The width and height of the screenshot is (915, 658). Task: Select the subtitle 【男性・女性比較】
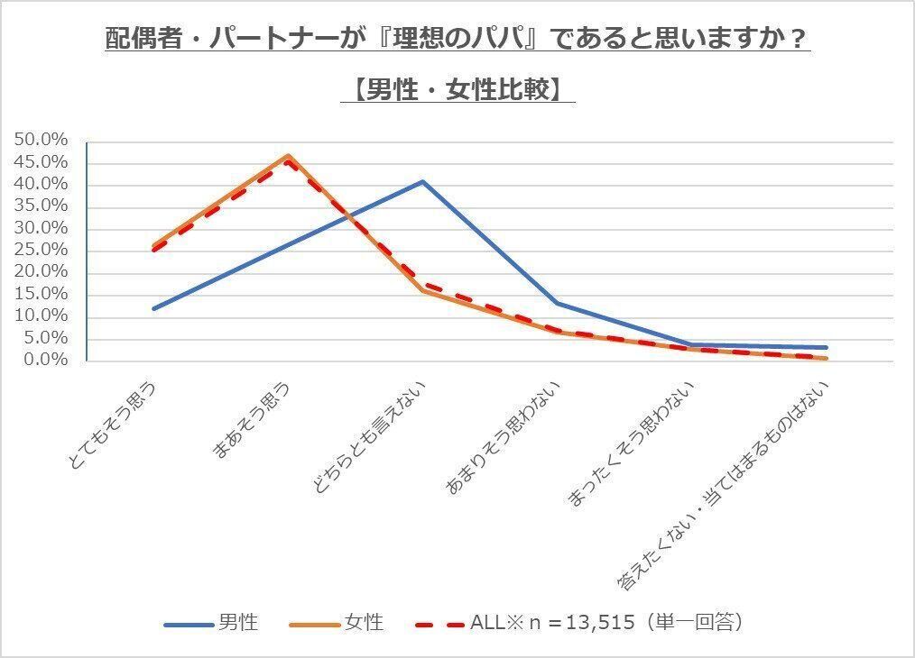(x=457, y=90)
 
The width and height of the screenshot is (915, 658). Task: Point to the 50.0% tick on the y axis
(x=42, y=141)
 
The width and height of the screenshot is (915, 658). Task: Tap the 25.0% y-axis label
(x=42, y=228)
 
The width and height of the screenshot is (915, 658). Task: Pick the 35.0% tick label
(x=42, y=206)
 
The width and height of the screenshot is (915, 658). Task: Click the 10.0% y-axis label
(x=42, y=316)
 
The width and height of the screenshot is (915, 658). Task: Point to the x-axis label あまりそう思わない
(x=504, y=438)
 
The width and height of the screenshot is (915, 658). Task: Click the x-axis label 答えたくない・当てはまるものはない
(x=723, y=486)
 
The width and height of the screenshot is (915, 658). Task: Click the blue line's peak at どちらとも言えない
(x=422, y=181)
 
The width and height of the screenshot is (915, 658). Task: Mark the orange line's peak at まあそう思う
(x=288, y=156)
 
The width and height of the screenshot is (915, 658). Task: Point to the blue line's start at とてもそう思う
(x=153, y=309)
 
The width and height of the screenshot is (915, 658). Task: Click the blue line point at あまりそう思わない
(x=557, y=303)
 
